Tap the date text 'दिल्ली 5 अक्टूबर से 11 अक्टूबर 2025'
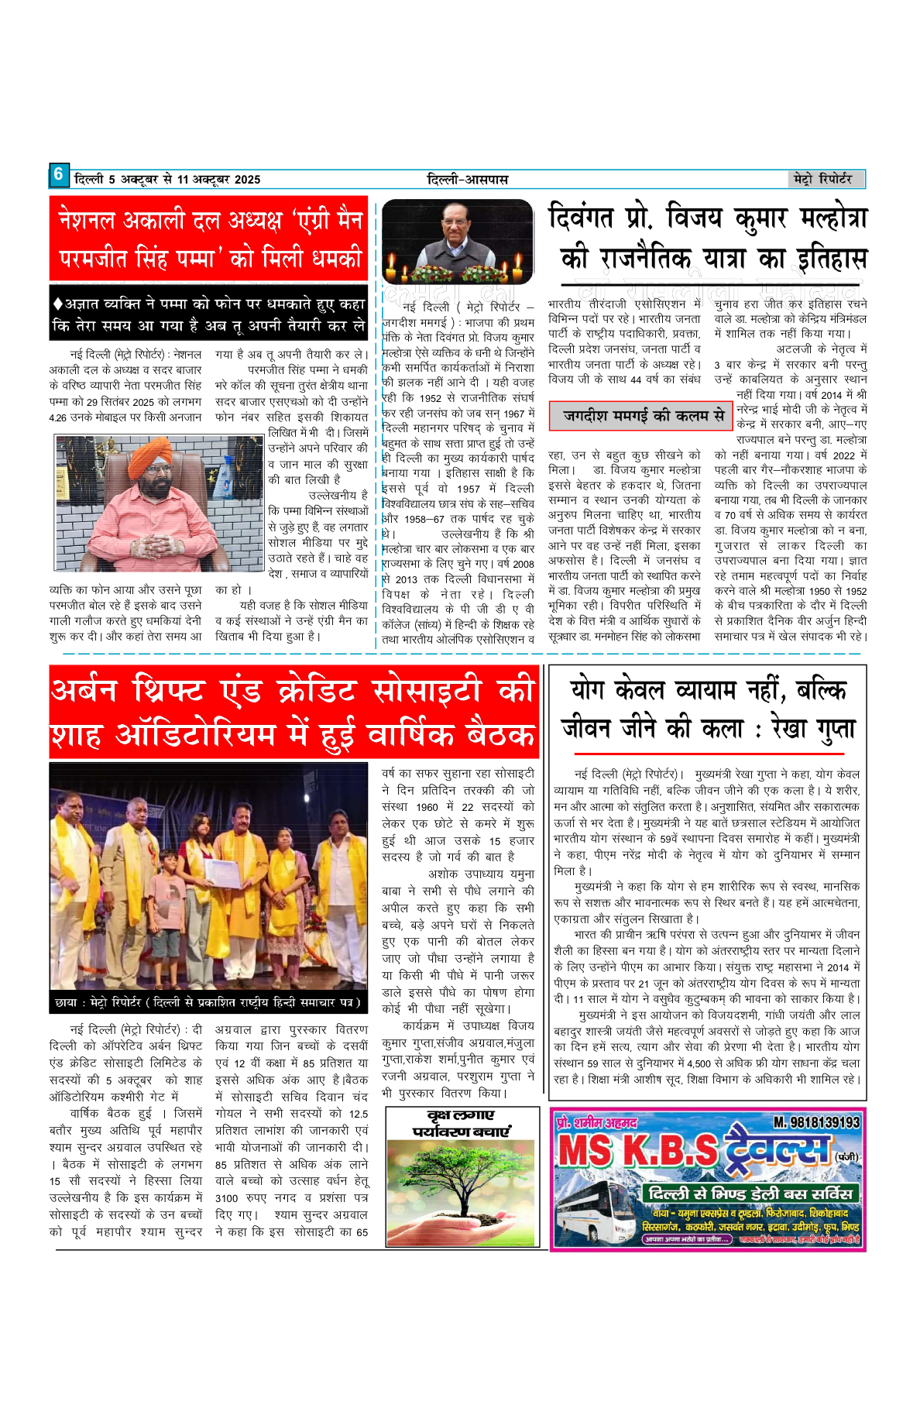click(167, 180)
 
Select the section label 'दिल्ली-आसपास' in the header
click(467, 180)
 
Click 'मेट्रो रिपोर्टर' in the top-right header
click(822, 179)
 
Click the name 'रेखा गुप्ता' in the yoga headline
click(813, 729)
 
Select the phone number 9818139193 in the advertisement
click(816, 1122)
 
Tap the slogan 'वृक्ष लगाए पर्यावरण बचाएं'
click(461, 1123)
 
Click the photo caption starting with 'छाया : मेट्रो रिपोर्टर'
click(208, 1002)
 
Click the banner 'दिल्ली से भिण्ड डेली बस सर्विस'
click(750, 1193)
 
